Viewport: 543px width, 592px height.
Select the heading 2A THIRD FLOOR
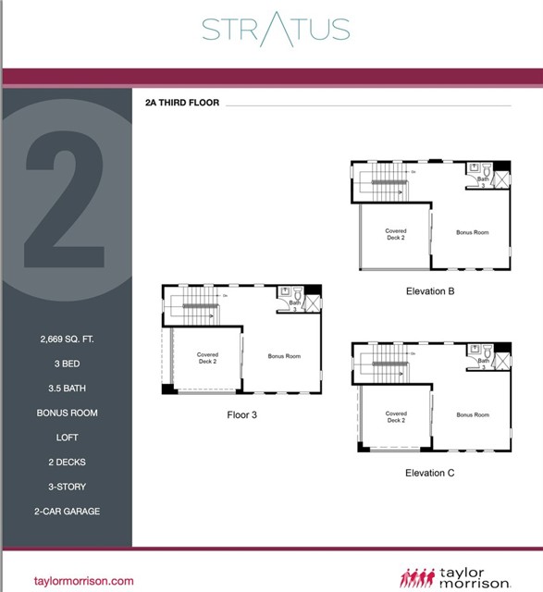click(182, 103)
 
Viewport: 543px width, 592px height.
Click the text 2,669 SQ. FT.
click(67, 339)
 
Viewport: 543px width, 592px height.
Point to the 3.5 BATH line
click(67, 388)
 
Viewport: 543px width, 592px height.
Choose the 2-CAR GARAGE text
click(67, 511)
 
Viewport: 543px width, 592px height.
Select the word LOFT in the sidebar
click(67, 438)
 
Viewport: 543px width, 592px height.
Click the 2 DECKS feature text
click(67, 462)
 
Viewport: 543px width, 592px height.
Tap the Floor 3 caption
click(241, 414)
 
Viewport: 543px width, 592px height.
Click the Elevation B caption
click(430, 290)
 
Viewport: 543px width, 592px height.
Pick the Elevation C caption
click(430, 473)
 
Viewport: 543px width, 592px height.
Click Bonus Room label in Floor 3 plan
click(284, 356)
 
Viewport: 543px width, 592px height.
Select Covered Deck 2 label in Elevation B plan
click(396, 234)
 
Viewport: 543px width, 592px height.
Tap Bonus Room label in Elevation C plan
click(473, 414)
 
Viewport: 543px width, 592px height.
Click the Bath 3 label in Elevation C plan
click(484, 361)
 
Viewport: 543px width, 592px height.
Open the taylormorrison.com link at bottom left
click(83, 581)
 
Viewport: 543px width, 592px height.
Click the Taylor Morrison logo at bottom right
click(455, 578)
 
